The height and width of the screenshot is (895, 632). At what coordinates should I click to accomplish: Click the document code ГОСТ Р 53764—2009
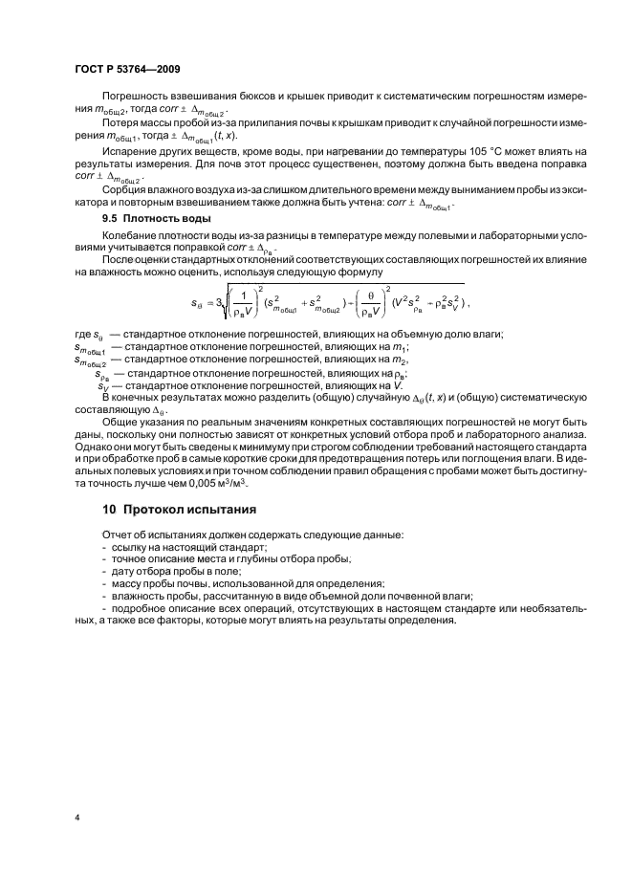coord(126,70)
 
